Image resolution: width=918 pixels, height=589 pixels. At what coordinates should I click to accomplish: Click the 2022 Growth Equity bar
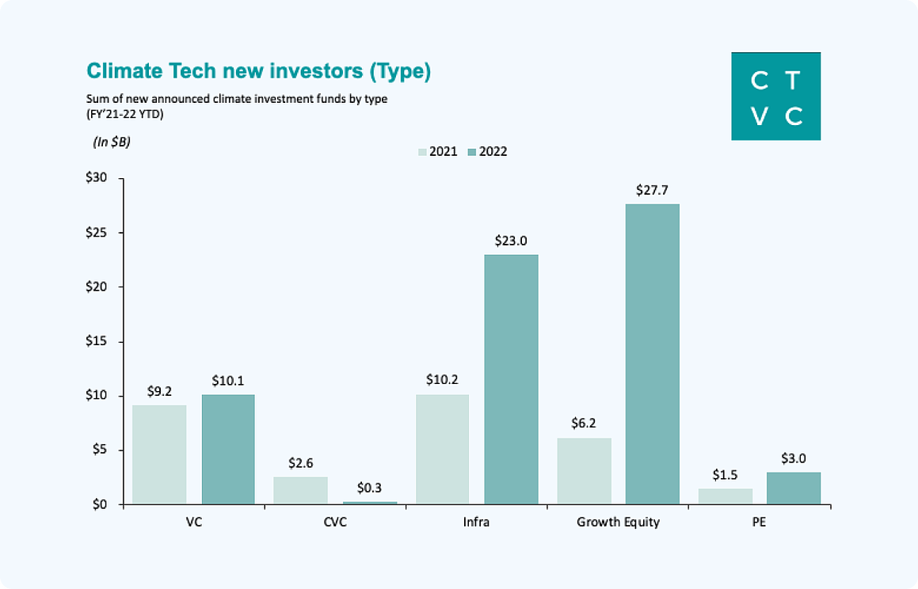coord(652,354)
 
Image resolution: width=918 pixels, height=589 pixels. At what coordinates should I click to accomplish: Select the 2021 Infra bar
coord(442,449)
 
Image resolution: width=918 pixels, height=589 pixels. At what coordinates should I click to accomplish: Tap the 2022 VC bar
coord(228,449)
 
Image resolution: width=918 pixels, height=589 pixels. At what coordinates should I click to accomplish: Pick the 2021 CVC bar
coord(300,490)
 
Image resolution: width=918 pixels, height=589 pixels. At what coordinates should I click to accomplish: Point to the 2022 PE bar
coord(794,488)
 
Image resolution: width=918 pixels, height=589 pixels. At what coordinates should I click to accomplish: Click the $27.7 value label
coord(652,190)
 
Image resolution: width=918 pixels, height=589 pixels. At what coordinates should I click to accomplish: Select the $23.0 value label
coord(511,241)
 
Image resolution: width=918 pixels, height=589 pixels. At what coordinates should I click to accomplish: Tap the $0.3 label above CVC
coord(369,488)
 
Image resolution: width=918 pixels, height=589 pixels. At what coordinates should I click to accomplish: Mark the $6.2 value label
coord(584,423)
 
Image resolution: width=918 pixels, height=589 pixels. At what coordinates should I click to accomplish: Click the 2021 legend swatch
coord(422,152)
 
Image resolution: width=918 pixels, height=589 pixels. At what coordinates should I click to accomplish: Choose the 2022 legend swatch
coord(472,152)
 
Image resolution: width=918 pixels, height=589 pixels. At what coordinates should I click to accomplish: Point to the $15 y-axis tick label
coord(97,341)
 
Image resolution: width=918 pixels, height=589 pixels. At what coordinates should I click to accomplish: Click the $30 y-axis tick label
coord(97,177)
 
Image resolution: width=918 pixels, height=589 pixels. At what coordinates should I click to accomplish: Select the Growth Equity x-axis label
coord(619,522)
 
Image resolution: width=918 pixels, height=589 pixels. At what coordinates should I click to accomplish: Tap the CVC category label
coord(335,522)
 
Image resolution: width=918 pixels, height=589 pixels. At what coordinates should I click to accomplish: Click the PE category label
coord(759,522)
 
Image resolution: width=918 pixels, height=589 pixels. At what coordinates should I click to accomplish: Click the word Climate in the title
coord(124,70)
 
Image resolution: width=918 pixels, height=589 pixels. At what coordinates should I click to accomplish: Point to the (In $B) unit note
coord(111,142)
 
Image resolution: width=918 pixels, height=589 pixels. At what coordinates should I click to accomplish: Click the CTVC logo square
coord(775,96)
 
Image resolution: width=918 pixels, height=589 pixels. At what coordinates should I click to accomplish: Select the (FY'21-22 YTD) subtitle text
coord(124,114)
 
